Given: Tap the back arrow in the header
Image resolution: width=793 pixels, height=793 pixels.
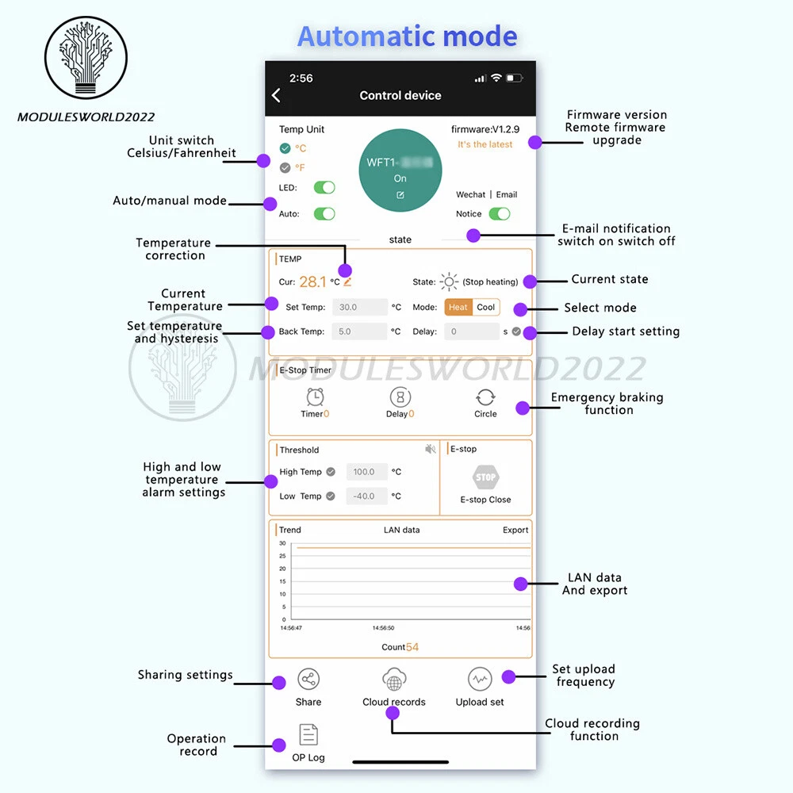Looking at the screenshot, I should click(276, 95).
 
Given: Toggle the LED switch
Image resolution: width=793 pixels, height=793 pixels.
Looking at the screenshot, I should click(324, 188).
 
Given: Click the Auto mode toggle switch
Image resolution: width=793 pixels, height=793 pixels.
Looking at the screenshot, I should click(324, 213).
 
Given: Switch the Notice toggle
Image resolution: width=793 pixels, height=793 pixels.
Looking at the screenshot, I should click(500, 213).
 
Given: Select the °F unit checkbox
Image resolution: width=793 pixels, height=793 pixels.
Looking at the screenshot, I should click(285, 167).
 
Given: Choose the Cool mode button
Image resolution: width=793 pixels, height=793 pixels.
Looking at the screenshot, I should click(486, 307).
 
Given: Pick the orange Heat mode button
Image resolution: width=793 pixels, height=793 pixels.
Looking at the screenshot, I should click(458, 307).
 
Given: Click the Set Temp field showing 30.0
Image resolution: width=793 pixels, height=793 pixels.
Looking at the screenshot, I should click(359, 307).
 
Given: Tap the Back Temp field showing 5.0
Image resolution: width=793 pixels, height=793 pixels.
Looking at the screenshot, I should click(359, 331).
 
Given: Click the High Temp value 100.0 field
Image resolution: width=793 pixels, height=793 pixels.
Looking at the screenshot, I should click(366, 472).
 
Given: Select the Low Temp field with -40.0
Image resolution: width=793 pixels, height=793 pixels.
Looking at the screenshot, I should click(366, 496).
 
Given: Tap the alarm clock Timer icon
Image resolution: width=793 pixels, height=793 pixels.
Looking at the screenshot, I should click(315, 397).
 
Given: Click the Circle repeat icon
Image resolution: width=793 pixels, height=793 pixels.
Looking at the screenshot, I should click(485, 397).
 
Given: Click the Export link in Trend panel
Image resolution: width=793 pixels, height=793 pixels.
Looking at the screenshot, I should click(515, 530).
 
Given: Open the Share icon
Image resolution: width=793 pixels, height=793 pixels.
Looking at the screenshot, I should click(308, 680).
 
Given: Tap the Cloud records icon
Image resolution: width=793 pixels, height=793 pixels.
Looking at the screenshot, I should click(394, 680).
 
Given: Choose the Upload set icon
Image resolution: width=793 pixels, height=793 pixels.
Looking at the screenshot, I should click(480, 680).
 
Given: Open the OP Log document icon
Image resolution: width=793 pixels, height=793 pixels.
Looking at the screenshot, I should click(308, 735).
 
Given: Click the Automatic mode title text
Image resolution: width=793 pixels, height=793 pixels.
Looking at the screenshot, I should click(407, 36).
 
